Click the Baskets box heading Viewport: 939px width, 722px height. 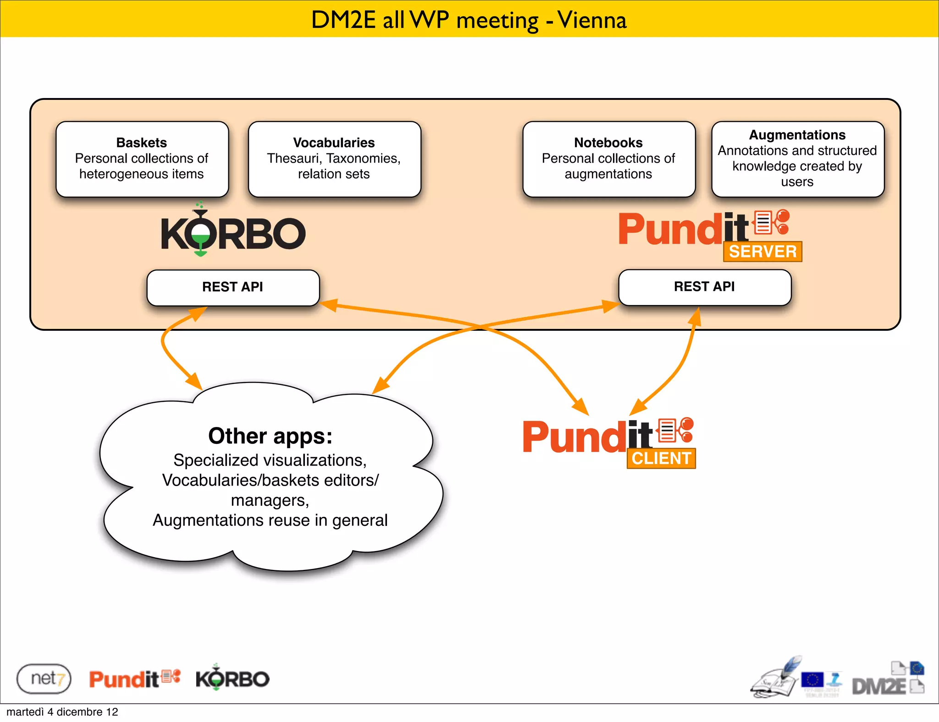141,142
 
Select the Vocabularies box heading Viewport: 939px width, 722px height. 334,142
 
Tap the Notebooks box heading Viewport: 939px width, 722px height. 608,142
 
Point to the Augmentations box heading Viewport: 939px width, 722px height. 797,135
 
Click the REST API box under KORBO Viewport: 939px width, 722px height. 232,287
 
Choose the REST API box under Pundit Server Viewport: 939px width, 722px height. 704,287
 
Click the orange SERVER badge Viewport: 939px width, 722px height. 762,252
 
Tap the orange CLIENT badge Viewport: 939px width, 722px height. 661,458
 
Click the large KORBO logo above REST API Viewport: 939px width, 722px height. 233,232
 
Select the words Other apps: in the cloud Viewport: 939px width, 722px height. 270,436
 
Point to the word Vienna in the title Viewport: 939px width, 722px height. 592,20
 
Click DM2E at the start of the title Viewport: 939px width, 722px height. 343,20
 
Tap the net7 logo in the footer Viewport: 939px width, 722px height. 44,678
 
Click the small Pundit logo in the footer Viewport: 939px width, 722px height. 134,678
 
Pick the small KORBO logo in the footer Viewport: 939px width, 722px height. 232,678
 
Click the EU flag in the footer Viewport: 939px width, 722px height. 812,680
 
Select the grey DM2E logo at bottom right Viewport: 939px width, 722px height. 879,685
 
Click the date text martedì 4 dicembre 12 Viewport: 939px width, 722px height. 62,712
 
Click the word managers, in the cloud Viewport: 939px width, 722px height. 270,500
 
